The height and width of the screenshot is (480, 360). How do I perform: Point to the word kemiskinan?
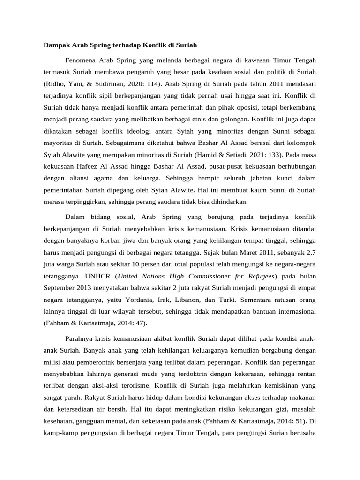(x=272, y=385)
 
